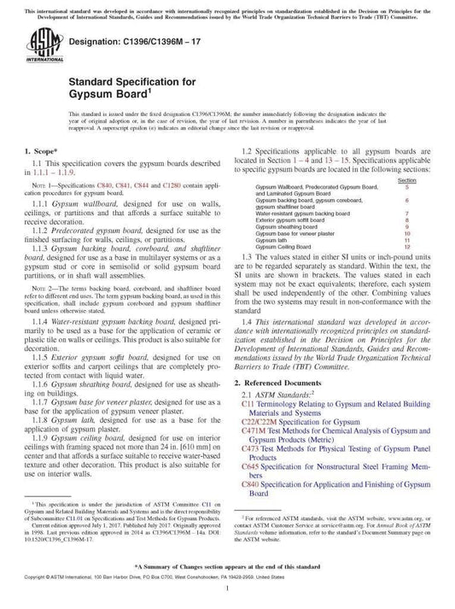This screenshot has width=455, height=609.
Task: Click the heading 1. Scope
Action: click(x=37, y=151)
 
